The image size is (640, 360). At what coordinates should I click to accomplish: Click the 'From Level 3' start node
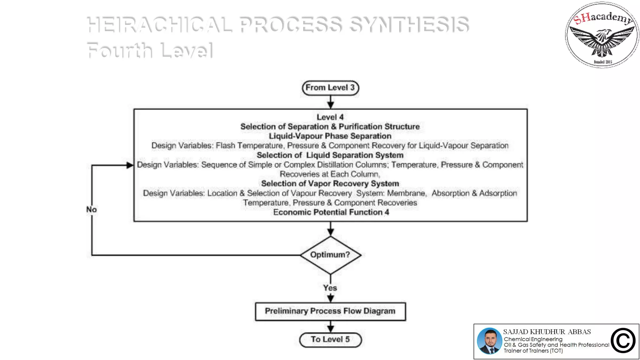[330, 88]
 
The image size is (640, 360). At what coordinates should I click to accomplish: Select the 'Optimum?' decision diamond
[330, 255]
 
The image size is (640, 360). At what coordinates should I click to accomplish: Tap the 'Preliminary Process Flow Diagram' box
[330, 311]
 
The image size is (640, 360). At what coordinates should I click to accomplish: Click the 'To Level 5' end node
[330, 340]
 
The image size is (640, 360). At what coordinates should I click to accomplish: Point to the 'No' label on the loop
[92, 209]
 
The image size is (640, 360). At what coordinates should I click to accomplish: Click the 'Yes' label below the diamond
[330, 288]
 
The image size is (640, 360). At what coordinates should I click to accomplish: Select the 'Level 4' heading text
[330, 117]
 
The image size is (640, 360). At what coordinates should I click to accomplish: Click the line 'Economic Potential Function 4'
[331, 212]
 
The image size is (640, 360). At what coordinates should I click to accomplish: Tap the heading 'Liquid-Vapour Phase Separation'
[330, 136]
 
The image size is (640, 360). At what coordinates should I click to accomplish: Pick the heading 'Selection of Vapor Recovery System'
[330, 184]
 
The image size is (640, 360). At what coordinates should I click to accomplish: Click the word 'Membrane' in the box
[406, 193]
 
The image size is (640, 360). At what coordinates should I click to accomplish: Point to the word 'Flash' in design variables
[225, 146]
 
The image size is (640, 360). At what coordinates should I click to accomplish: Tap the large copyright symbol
[623, 341]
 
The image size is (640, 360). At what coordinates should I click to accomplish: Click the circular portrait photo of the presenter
[489, 341]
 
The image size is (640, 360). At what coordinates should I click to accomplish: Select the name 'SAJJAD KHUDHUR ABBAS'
[547, 332]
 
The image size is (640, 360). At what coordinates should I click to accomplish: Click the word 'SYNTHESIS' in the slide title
[409, 25]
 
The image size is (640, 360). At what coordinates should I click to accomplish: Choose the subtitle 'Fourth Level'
[150, 50]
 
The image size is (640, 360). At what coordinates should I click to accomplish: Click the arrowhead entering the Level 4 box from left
[130, 165]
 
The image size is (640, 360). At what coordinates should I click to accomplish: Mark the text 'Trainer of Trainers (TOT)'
[533, 351]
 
